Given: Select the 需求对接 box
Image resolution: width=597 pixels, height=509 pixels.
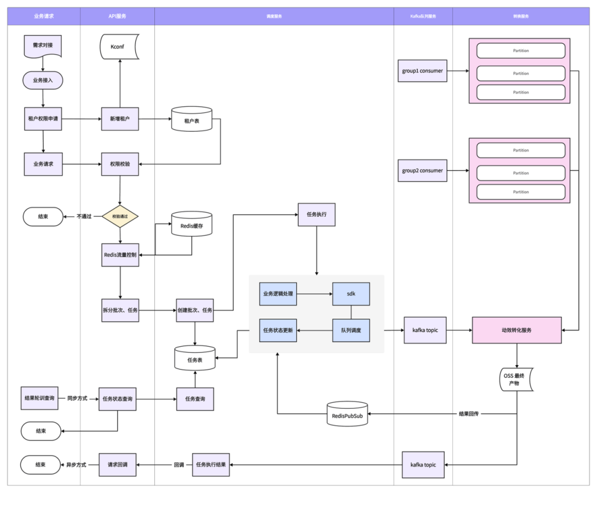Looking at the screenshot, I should (x=43, y=45).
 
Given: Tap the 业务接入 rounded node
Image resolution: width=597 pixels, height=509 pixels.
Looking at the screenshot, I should (x=43, y=80).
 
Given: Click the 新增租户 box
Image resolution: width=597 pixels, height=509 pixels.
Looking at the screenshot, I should (x=120, y=118).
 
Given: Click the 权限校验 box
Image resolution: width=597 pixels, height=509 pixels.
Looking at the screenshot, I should (x=120, y=164).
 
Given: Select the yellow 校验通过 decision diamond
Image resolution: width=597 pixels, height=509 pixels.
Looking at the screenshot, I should (x=120, y=216).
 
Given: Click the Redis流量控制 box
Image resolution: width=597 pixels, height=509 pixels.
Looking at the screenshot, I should (x=120, y=254).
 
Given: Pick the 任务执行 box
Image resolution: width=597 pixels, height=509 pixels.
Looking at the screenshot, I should (x=317, y=214).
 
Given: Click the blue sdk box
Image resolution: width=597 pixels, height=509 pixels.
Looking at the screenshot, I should (x=351, y=294).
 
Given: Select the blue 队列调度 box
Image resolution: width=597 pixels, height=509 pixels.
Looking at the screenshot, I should (x=351, y=330).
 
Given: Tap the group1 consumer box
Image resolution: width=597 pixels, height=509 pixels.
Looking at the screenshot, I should (x=422, y=71).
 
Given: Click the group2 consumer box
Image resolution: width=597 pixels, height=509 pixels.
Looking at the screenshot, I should (x=422, y=170).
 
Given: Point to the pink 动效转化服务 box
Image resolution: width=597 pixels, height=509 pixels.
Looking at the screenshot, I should (x=516, y=330).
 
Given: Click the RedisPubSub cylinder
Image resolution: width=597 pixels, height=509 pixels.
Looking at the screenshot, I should (x=347, y=414).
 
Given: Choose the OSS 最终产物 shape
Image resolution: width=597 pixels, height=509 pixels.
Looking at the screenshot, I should (x=517, y=380).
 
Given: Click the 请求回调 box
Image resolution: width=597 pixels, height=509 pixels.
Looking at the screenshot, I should (x=117, y=465).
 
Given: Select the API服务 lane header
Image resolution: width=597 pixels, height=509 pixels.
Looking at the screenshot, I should (x=117, y=17).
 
